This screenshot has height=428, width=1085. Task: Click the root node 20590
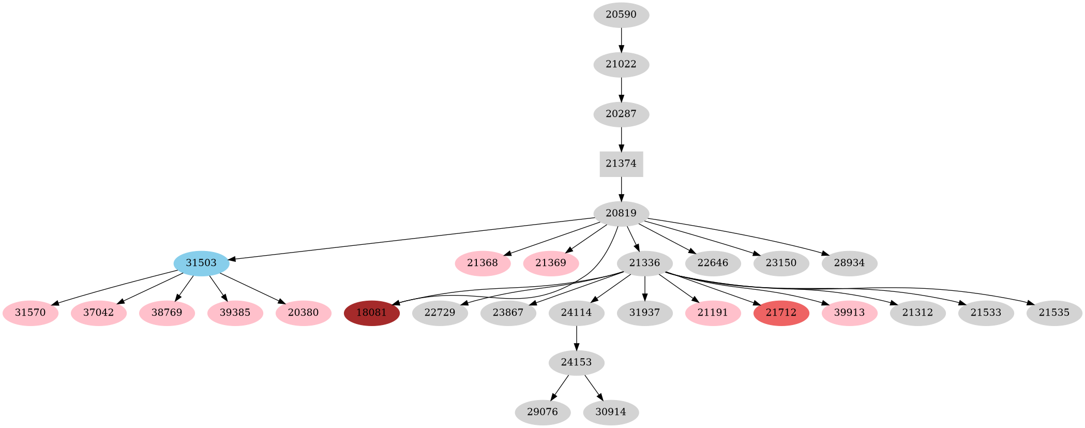click(621, 14)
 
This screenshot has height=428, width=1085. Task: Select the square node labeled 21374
click(621, 164)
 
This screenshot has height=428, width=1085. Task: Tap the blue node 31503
click(201, 263)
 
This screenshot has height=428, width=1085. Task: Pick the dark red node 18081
click(371, 313)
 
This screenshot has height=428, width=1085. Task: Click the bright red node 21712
click(781, 313)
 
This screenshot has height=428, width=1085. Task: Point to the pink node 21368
click(483, 263)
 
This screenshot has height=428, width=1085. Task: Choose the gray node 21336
click(644, 263)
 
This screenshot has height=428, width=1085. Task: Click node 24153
click(576, 362)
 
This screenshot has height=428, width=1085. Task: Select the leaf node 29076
click(542, 412)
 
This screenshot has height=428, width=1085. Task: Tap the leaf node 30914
click(611, 412)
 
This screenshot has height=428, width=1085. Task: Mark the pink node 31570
click(30, 313)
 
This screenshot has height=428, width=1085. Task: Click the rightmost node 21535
click(1054, 313)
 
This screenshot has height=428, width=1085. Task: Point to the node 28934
click(849, 263)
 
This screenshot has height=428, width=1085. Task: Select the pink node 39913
click(849, 313)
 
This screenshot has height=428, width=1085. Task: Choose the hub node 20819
click(621, 213)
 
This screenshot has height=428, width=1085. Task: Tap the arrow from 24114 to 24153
click(576, 337)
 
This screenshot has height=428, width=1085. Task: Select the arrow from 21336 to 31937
click(644, 288)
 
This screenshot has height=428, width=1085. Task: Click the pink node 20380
click(303, 313)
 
